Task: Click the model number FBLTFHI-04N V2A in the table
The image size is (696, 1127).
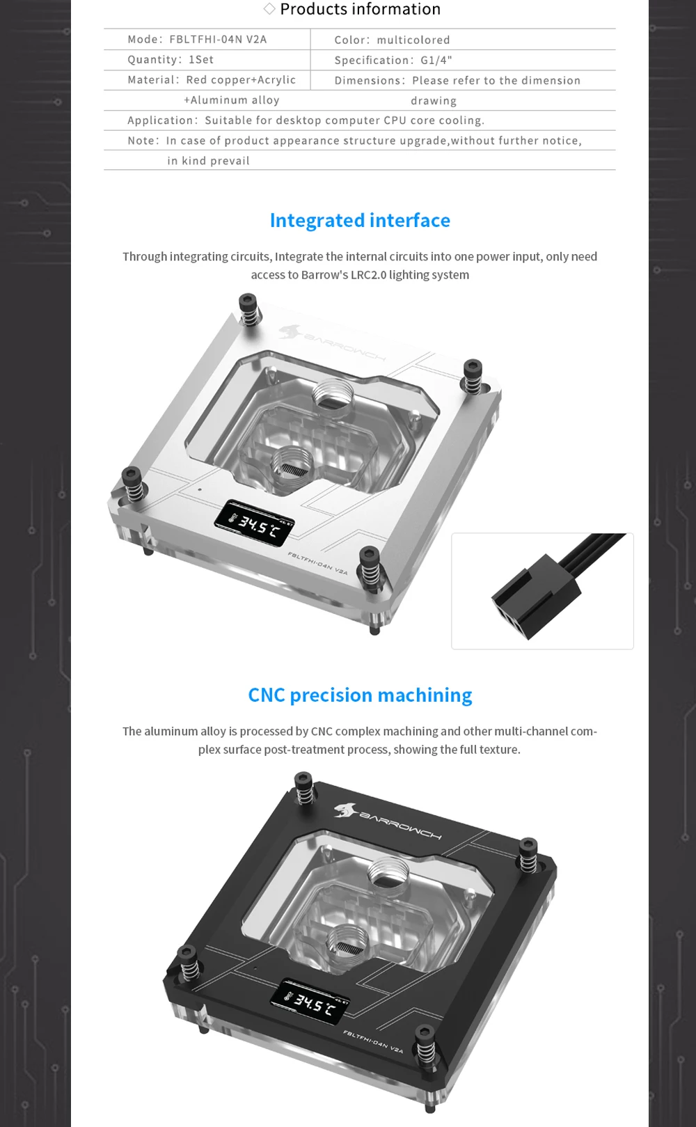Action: pos(218,39)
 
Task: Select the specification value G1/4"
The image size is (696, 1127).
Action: pos(436,61)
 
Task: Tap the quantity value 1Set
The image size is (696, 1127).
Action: pos(201,59)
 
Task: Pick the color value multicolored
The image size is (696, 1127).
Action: pos(413,40)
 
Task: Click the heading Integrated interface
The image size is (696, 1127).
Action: pos(360,221)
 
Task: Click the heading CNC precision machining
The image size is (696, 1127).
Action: pos(360,695)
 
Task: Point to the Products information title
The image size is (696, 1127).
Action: pos(360,9)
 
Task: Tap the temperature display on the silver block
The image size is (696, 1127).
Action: pos(255,523)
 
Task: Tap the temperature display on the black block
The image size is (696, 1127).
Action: pos(310,1002)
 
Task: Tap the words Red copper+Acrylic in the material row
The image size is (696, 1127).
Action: pos(241,80)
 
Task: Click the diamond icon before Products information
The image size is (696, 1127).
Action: pos(269,8)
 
